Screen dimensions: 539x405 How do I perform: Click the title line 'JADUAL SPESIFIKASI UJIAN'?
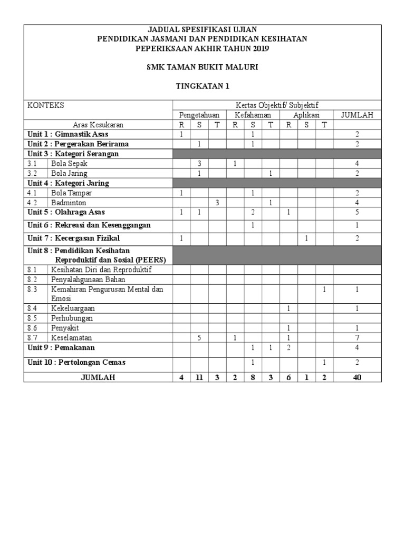point(202,29)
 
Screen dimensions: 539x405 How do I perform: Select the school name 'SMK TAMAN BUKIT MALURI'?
point(202,67)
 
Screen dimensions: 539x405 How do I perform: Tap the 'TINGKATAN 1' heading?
point(202,86)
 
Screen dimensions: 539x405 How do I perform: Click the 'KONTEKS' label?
point(46,105)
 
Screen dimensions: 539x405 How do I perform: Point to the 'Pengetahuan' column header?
point(199,115)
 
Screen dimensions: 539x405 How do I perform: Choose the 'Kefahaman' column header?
point(253,115)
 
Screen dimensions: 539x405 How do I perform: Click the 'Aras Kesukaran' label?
point(99,125)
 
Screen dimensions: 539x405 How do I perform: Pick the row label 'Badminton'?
point(69,202)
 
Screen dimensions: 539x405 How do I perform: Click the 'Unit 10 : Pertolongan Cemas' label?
point(76,363)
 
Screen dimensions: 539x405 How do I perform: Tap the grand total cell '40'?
point(357,377)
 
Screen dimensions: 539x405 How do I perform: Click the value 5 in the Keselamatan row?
point(199,337)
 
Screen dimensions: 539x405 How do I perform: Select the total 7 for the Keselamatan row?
point(357,337)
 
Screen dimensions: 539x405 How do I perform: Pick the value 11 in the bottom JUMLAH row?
point(199,377)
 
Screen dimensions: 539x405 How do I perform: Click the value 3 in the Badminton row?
point(217,202)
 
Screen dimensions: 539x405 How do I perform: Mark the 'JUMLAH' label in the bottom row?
point(99,377)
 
